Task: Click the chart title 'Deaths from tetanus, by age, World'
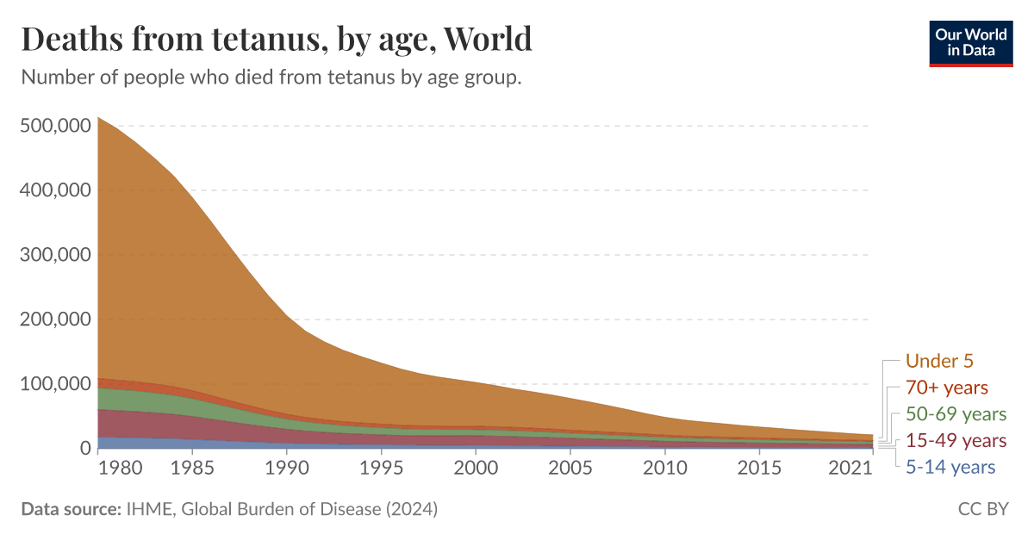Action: (276, 40)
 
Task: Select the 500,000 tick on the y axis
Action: (54, 126)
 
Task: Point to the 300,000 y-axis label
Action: (54, 255)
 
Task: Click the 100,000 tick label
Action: (54, 384)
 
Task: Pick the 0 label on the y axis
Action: (84, 449)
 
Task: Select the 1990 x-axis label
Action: (285, 469)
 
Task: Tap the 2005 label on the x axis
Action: (570, 469)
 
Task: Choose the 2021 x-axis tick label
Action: (854, 469)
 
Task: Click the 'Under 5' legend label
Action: (939, 362)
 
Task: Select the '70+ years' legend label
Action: (947, 388)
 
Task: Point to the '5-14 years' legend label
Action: (950, 467)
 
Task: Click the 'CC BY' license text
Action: (983, 509)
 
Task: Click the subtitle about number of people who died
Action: (271, 78)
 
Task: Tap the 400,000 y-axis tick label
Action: (54, 190)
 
